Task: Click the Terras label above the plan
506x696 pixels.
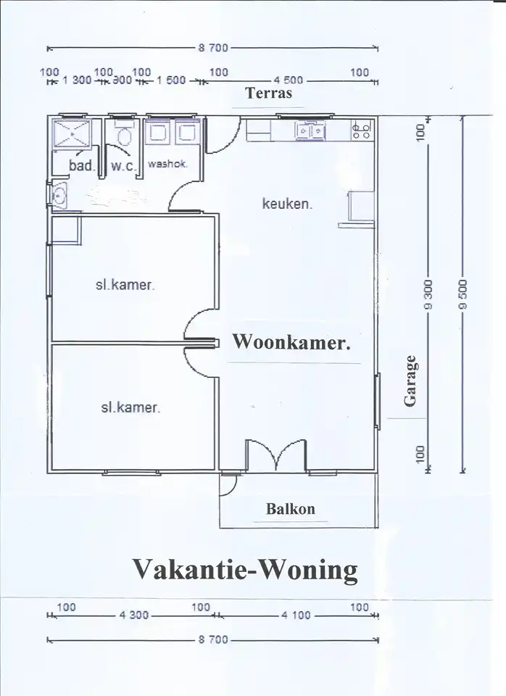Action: (x=268, y=94)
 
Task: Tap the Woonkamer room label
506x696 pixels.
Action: (x=291, y=342)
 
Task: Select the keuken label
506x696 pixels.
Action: (x=287, y=204)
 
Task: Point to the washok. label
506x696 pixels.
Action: (x=167, y=164)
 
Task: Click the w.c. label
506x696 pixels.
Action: (x=124, y=166)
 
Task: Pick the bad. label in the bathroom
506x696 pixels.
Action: (x=82, y=165)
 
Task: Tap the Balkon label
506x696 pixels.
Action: (x=291, y=509)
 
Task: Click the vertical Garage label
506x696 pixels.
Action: (x=410, y=381)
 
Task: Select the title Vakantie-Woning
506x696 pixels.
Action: (x=245, y=570)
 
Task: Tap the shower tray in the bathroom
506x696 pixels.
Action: (x=72, y=133)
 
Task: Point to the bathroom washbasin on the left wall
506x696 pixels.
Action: (x=59, y=196)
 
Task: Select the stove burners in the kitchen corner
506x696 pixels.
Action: (x=360, y=130)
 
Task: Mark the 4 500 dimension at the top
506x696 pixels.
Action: (x=288, y=80)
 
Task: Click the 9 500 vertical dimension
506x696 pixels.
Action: (x=463, y=294)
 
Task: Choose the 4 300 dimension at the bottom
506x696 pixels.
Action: (x=133, y=616)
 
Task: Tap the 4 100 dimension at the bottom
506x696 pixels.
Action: (x=296, y=616)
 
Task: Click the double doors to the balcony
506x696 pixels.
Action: (x=276, y=455)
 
